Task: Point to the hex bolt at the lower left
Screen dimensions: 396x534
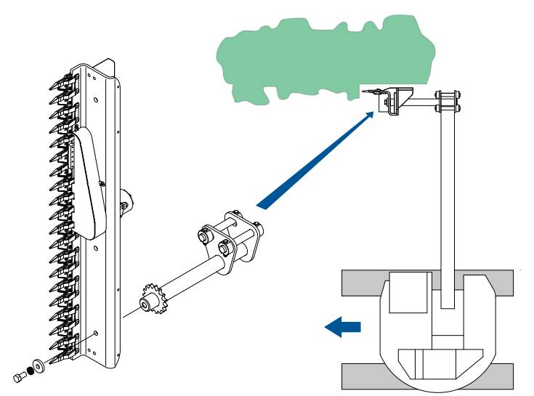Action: click(x=18, y=376)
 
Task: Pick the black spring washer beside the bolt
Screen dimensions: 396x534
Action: click(x=31, y=370)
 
